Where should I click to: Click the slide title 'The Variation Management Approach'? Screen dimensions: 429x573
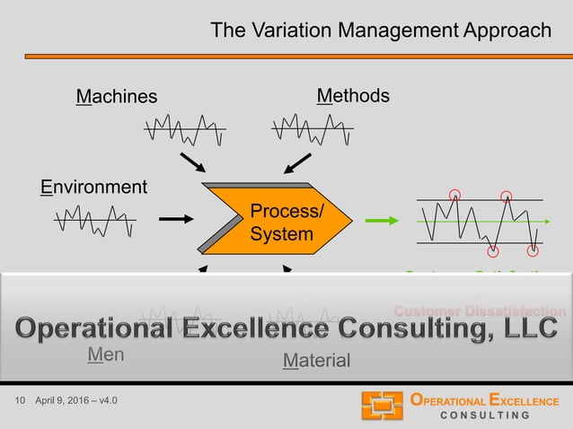pyautogui.click(x=381, y=31)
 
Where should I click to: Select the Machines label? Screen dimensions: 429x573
pyautogui.click(x=116, y=96)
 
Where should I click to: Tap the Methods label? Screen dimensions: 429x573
pyautogui.click(x=353, y=95)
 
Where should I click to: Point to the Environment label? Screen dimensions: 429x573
pyautogui.click(x=93, y=188)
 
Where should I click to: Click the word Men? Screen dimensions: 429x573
pyautogui.click(x=105, y=355)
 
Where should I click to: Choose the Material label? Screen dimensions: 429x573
pyautogui.click(x=316, y=361)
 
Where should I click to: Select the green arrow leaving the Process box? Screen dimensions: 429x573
pyautogui.click(x=381, y=219)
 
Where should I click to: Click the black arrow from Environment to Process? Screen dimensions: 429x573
pyautogui.click(x=175, y=218)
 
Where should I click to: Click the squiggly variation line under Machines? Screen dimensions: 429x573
pyautogui.click(x=184, y=129)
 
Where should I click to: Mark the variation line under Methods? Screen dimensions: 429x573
pyautogui.click(x=312, y=128)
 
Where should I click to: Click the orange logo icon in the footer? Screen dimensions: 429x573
pyautogui.click(x=382, y=406)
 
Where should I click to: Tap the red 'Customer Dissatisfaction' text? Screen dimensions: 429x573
pyautogui.click(x=480, y=311)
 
